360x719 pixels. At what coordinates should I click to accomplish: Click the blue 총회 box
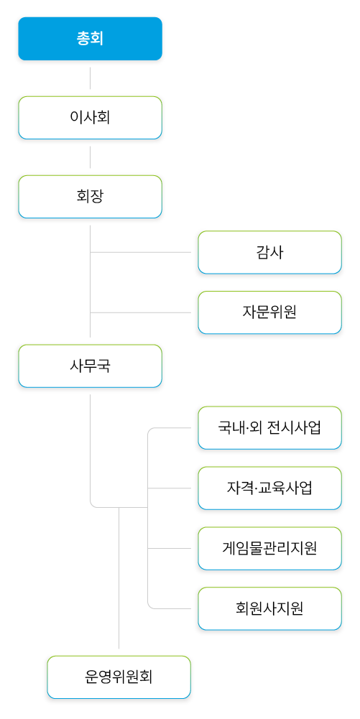point(91,39)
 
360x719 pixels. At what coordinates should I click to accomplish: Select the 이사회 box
point(91,118)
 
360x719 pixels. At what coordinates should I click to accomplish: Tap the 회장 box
point(91,197)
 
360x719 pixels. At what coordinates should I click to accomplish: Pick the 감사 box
point(269,252)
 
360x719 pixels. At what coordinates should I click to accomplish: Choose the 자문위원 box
point(269,312)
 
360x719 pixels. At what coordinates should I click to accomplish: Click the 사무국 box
point(91,366)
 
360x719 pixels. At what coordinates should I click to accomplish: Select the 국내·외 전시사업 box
point(269,428)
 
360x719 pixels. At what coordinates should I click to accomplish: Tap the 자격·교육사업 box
point(269,488)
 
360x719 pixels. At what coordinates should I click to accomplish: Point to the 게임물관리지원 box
point(269,549)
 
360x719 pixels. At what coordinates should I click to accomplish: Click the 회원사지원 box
point(269,609)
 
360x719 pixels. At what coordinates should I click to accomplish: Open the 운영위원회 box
point(119,677)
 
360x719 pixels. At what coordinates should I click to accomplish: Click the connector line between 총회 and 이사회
point(91,78)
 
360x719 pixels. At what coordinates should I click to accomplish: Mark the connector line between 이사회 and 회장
point(91,157)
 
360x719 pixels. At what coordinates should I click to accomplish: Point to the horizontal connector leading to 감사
point(140,252)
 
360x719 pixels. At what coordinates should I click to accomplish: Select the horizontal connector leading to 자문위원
point(140,312)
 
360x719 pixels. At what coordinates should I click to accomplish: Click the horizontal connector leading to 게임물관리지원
point(170,549)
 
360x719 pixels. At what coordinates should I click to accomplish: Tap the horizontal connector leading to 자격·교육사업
point(170,488)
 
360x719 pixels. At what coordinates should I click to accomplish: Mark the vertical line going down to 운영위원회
point(119,577)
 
